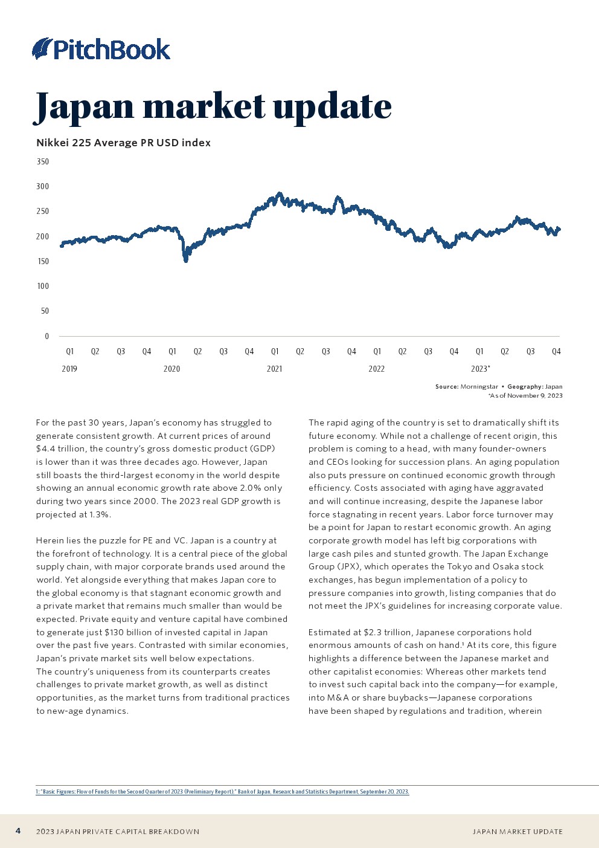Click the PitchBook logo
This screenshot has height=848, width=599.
(x=101, y=49)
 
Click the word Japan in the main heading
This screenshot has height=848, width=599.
(x=85, y=106)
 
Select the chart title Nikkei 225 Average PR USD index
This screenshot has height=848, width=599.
(x=123, y=143)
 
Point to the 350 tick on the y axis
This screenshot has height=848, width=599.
(x=42, y=162)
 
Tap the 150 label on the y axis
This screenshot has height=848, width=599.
(x=42, y=262)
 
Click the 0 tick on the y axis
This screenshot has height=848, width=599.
(x=46, y=337)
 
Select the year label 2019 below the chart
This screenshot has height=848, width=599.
(x=69, y=369)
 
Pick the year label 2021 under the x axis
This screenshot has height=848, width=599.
(x=274, y=369)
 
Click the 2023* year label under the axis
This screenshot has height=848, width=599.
(x=480, y=369)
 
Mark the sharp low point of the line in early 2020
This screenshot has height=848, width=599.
(x=186, y=261)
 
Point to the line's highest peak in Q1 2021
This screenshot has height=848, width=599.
(x=279, y=193)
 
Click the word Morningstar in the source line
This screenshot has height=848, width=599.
(x=479, y=387)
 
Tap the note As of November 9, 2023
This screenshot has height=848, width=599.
(x=525, y=396)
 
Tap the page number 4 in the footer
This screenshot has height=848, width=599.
(x=18, y=831)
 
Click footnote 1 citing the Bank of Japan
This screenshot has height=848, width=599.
(x=222, y=792)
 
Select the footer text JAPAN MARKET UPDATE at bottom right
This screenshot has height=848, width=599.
(x=517, y=832)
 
